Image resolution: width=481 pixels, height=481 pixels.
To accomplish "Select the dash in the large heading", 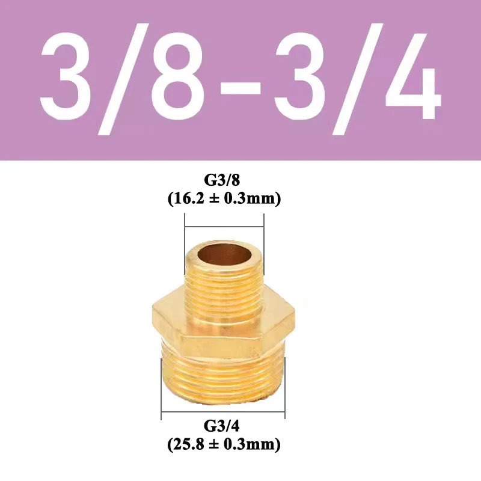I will (239, 84).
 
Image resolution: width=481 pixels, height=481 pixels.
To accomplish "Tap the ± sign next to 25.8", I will (215, 446).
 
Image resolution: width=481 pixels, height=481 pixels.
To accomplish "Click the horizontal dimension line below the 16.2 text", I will (224, 227).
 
